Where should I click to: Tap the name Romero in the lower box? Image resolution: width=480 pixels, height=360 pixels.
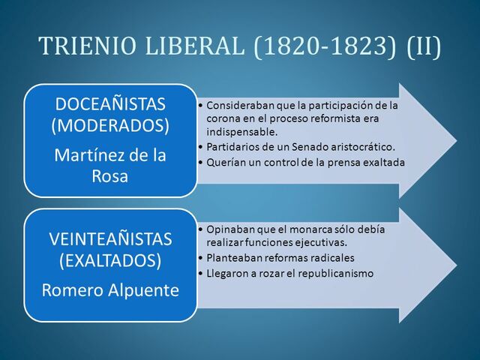[x=71, y=289]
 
